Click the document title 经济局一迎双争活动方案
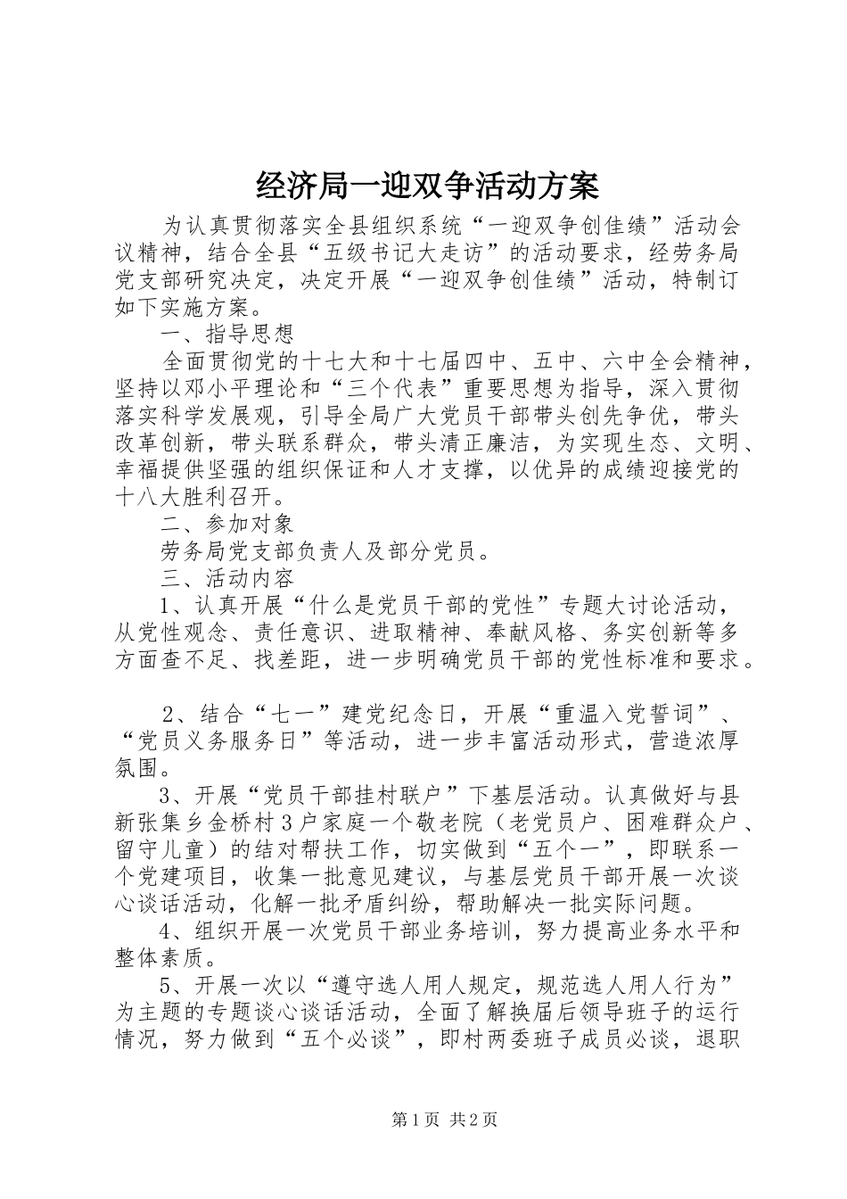pyautogui.click(x=427, y=186)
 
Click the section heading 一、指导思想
pyautogui.click(x=227, y=335)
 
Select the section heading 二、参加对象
pyautogui.click(x=227, y=524)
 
